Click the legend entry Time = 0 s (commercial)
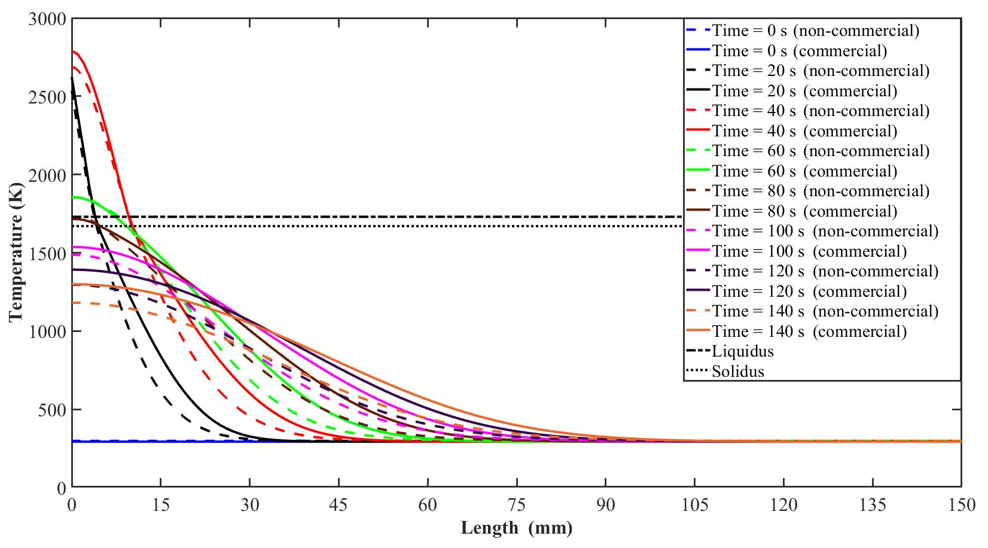point(799,51)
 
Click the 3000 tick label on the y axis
point(47,19)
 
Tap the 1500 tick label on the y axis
point(47,254)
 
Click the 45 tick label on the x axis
point(339,506)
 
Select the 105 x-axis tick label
point(694,506)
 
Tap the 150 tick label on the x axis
point(961,506)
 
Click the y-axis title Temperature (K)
point(16,254)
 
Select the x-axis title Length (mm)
point(516,528)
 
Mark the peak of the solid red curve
point(72,51)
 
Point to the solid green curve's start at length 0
point(72,197)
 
